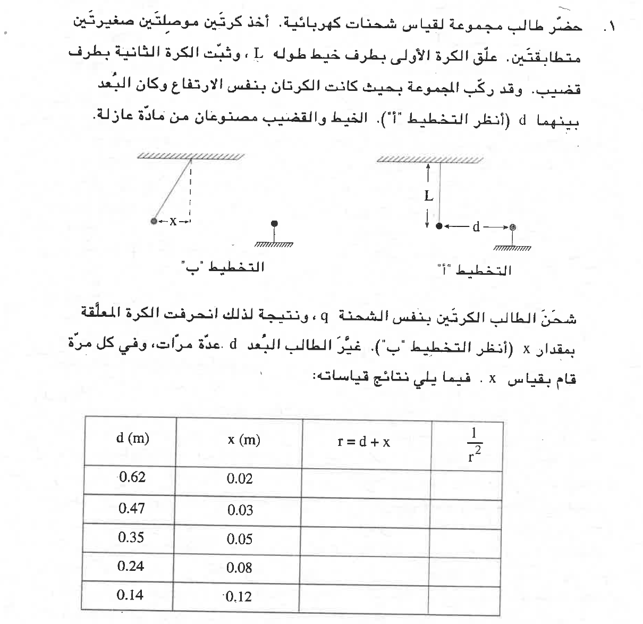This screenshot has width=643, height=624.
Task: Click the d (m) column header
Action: pos(132,439)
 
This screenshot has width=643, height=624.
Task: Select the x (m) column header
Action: pos(244,440)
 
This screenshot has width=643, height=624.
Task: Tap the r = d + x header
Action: pos(364,442)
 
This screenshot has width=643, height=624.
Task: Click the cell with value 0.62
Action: pos(132,477)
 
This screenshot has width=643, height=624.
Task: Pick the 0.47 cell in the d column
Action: pos(132,508)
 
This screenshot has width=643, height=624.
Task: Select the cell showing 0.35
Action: pos(131,537)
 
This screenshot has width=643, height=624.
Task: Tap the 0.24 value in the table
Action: pos(131,566)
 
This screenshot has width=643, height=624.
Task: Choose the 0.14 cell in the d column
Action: pos(130,595)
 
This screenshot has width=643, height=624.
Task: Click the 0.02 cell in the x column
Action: pos(240,479)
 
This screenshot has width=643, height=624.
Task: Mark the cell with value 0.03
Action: pos(240,510)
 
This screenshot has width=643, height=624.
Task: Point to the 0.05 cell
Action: pos(240,539)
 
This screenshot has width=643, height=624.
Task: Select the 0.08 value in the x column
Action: pos(239,568)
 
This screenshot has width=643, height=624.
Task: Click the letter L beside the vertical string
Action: pos(429,196)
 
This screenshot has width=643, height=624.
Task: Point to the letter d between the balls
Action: pos(476,227)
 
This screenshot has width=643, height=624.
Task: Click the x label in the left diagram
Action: pos(172,221)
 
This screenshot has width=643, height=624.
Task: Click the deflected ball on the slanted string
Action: pos(154,221)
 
